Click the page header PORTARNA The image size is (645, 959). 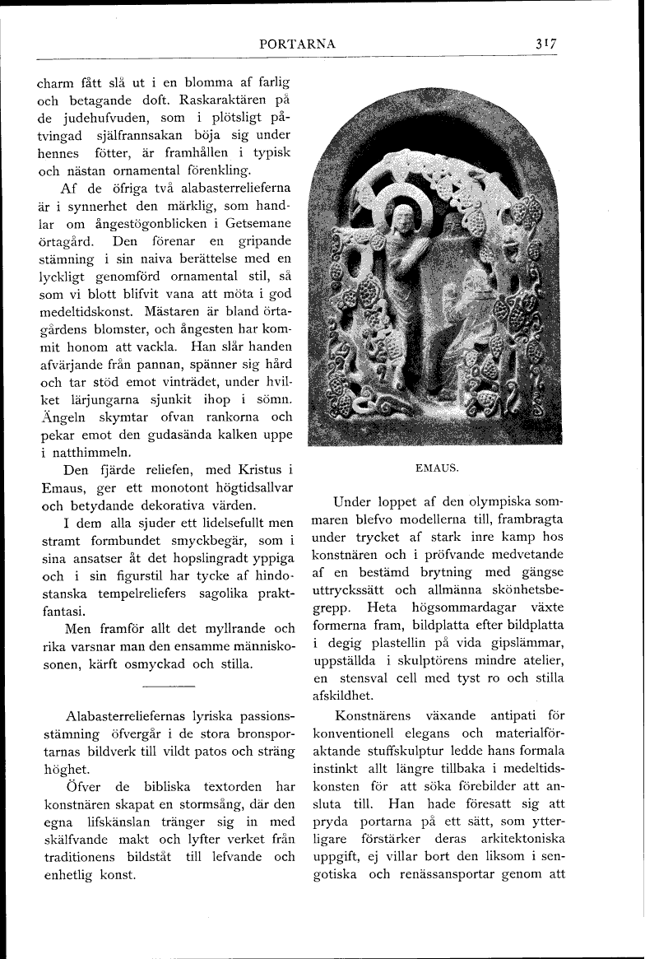(x=297, y=44)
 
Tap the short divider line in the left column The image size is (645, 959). (x=168, y=685)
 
